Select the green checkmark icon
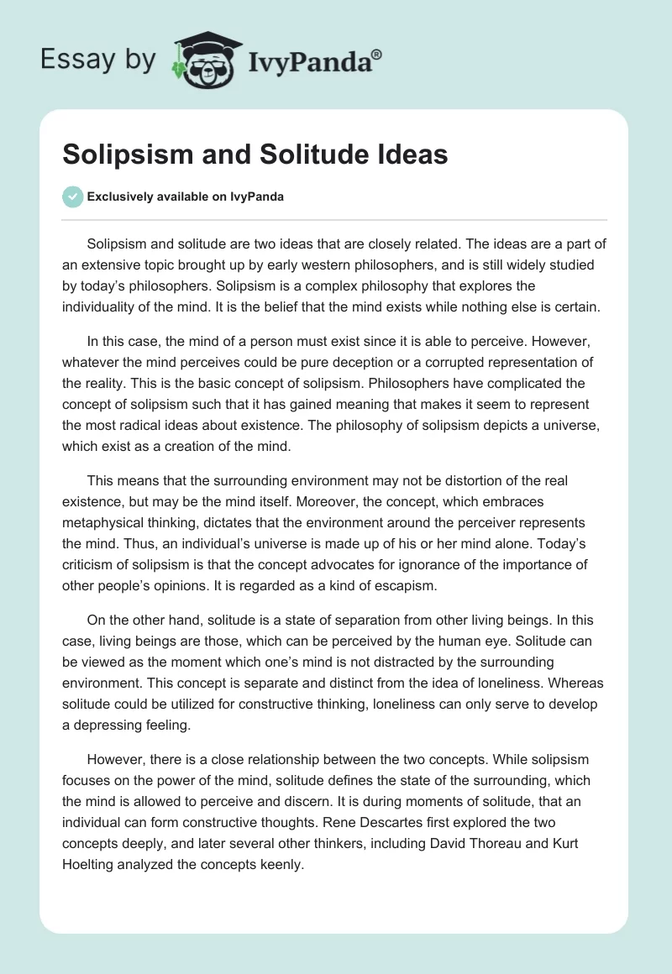[72, 196]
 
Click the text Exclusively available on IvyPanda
[186, 197]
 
